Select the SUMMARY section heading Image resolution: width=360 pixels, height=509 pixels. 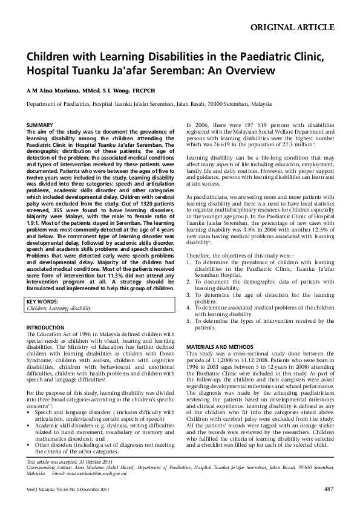(40, 125)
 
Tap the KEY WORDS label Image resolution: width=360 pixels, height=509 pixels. (44, 301)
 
